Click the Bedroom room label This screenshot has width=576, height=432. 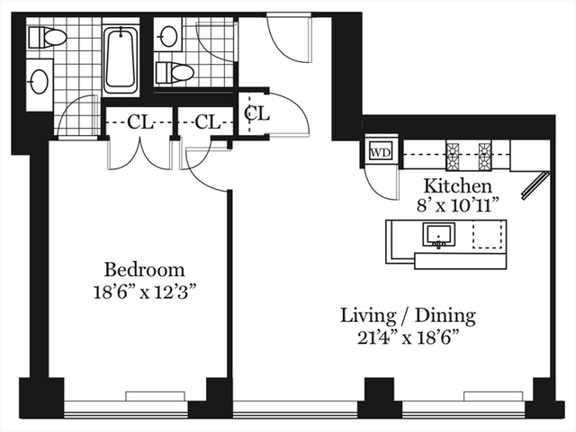(x=144, y=270)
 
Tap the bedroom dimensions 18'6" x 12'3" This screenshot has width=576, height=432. (x=144, y=292)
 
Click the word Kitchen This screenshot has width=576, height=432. (x=458, y=186)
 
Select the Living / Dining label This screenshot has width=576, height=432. (x=408, y=316)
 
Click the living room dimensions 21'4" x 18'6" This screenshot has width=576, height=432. (x=408, y=338)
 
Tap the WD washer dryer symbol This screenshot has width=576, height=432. (x=381, y=152)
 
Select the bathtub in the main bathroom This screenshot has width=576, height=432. (x=120, y=58)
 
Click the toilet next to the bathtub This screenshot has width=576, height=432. (x=47, y=37)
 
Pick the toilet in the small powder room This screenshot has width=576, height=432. (x=174, y=72)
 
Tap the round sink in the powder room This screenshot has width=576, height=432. (x=168, y=35)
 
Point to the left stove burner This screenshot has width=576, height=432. (x=453, y=155)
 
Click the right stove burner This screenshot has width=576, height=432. (x=485, y=155)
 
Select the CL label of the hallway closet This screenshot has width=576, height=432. (x=257, y=113)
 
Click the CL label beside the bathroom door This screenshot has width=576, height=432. (x=140, y=122)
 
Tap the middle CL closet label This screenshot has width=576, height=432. (x=208, y=122)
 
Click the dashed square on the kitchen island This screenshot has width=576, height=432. (x=488, y=235)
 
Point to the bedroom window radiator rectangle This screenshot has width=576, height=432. (x=156, y=396)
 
